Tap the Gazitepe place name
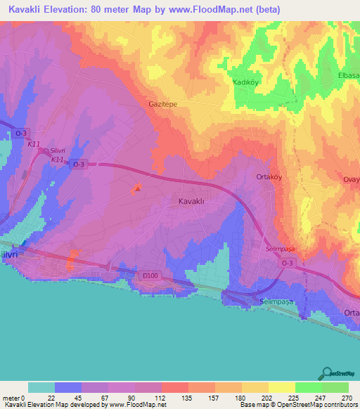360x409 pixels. click(x=162, y=103)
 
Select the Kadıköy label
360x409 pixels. click(x=247, y=82)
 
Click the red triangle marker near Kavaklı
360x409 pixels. click(x=138, y=187)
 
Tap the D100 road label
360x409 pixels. click(x=150, y=276)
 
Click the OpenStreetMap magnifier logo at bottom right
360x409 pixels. click(x=328, y=373)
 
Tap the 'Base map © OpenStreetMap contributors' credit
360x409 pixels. click(x=298, y=405)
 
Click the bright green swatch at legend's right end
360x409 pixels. click(x=335, y=387)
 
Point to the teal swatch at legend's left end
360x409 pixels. click(x=41, y=387)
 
